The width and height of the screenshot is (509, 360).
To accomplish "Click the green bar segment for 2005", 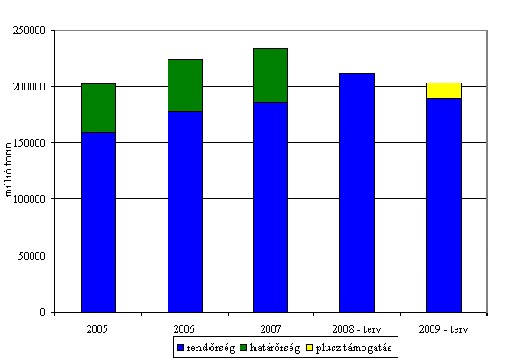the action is [98, 108].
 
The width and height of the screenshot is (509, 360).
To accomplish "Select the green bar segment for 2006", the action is [185, 85].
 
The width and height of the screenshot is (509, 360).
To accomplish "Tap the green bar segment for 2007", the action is [270, 76].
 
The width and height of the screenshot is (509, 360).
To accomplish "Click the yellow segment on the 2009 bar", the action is [443, 90].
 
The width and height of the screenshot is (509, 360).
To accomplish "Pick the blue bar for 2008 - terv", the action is [357, 192].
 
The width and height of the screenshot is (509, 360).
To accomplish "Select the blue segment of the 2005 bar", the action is [98, 222].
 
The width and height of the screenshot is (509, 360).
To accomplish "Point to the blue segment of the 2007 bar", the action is [270, 207].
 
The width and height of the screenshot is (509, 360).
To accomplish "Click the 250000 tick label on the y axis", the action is [29, 31].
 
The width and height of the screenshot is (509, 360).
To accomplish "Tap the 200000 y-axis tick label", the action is [29, 87].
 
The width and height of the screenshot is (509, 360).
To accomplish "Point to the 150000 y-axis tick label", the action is [29, 143].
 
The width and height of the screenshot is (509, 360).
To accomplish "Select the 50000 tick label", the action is [32, 256].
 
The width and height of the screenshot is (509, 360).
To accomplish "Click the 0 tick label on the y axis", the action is [43, 313].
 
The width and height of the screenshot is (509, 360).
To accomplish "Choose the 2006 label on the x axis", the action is [183, 329].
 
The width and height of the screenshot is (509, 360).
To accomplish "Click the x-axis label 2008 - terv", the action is [357, 329].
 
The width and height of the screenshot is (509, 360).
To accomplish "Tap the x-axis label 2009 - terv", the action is [443, 329].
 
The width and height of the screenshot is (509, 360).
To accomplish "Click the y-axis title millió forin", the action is [9, 169].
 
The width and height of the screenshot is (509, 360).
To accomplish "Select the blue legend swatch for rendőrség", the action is [181, 348].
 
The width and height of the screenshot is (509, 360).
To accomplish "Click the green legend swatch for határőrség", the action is [243, 348].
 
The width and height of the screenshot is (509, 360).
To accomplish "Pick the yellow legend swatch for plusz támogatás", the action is [310, 348].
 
